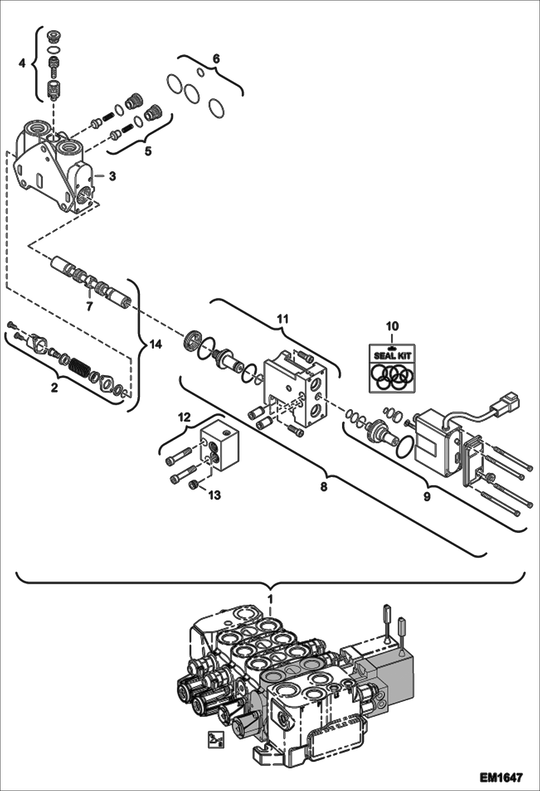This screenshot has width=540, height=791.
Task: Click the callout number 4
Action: point(22,64)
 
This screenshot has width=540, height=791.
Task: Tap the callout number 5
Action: point(148,151)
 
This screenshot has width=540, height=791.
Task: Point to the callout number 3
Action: point(112,176)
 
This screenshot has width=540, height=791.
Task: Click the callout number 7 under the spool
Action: point(89,306)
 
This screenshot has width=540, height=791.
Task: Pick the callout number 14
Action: point(156,345)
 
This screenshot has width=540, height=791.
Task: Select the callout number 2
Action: point(54,388)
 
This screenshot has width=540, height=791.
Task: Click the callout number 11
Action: point(283,319)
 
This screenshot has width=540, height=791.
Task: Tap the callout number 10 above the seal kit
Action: point(392,326)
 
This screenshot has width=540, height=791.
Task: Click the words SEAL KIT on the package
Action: point(392,356)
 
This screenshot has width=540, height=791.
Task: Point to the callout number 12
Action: point(185,417)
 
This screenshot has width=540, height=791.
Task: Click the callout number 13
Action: point(214,495)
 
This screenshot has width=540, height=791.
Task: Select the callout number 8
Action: point(324,487)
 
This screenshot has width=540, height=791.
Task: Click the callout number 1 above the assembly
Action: point(270,599)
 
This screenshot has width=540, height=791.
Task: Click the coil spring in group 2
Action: point(79,368)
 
